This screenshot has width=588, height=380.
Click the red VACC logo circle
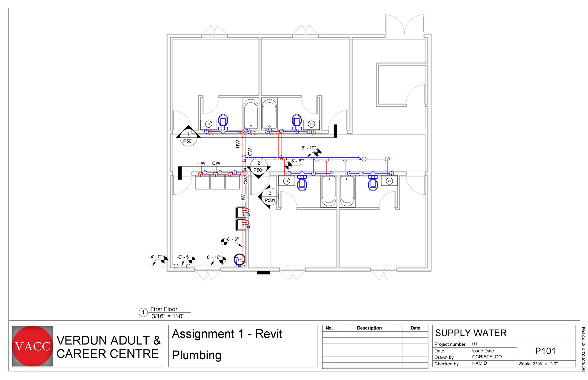[32, 346]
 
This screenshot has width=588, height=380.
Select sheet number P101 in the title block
[545, 351]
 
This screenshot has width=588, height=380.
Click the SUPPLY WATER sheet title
[471, 333]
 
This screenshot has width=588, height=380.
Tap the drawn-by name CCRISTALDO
[487, 357]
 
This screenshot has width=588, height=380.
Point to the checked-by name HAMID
[480, 363]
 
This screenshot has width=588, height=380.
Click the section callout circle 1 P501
[188, 138]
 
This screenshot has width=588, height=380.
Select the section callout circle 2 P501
[259, 167]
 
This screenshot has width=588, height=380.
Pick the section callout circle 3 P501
[270, 197]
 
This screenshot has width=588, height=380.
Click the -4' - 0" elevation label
[156, 257]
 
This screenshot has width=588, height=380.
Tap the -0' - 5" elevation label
[184, 257]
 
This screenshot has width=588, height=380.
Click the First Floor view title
[164, 309]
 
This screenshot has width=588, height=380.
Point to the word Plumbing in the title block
[197, 355]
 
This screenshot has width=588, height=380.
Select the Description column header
[369, 328]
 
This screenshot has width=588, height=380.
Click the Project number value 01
[474, 344]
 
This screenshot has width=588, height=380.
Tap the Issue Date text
[483, 351]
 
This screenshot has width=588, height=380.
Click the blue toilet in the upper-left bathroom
[223, 123]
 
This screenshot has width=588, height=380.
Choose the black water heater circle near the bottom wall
[239, 259]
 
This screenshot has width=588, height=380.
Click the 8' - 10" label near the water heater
[214, 257]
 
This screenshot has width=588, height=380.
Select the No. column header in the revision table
[329, 328]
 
